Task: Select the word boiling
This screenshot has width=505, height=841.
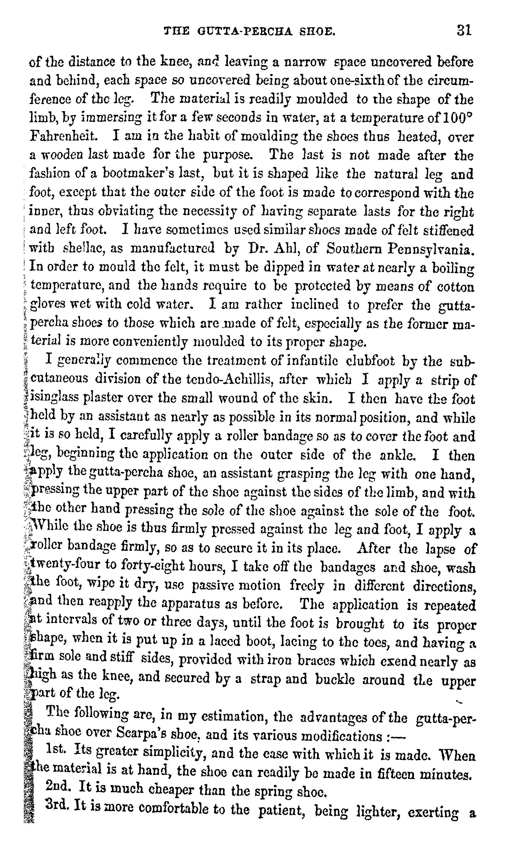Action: click(453, 268)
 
